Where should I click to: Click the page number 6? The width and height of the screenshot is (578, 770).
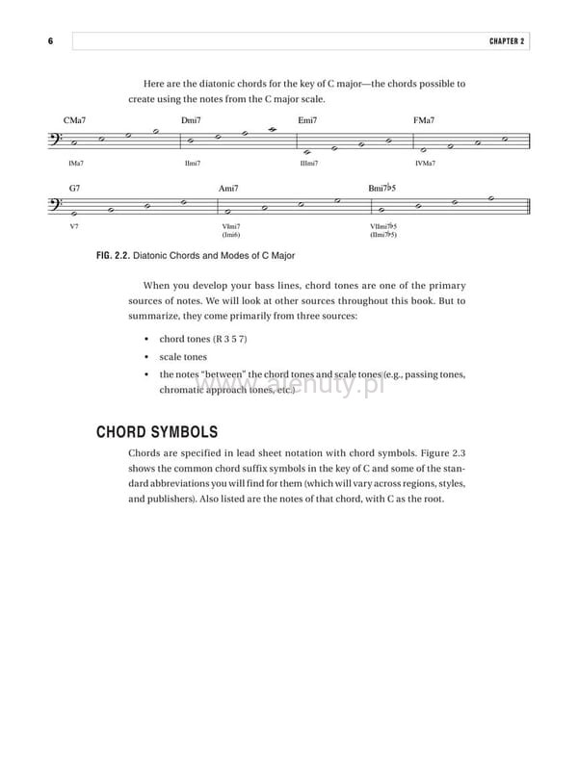[49, 41]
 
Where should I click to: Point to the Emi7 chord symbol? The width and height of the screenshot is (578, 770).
[308, 120]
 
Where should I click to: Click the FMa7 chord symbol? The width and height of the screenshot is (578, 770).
[424, 120]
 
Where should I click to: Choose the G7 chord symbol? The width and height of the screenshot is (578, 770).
[75, 188]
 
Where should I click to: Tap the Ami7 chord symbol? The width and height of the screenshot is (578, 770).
[229, 188]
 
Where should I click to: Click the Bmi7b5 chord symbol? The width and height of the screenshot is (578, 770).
[382, 188]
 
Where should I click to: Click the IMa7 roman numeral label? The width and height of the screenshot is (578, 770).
[76, 164]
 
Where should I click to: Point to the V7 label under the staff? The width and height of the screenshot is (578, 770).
[74, 227]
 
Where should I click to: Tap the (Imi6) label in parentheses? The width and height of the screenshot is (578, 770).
[230, 235]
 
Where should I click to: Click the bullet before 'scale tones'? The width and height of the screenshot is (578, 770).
[144, 357]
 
